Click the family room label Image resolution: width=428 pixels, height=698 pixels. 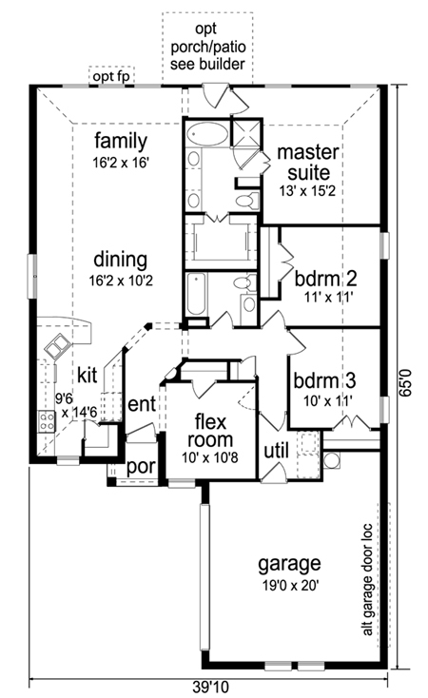tap(121, 142)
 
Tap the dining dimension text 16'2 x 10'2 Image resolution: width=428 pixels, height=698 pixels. tap(121, 281)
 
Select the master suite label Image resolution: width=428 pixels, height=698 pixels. tap(308, 162)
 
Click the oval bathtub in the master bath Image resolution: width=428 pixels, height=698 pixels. tap(207, 134)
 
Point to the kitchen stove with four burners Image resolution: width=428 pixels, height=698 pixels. tap(47, 420)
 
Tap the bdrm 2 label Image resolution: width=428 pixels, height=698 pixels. tap(325, 279)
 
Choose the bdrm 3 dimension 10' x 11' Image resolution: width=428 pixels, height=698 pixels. tap(328, 401)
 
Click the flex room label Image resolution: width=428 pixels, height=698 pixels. tap(210, 430)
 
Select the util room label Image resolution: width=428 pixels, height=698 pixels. tap(276, 451)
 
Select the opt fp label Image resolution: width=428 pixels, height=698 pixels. tap(111, 77)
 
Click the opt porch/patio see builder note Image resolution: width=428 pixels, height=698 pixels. tap(207, 47)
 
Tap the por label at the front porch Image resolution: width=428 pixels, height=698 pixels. tap(141, 467)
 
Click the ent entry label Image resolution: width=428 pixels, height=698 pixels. tap(142, 404)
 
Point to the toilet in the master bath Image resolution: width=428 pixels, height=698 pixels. tap(247, 200)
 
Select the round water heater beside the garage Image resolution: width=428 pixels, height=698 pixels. tap(331, 460)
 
